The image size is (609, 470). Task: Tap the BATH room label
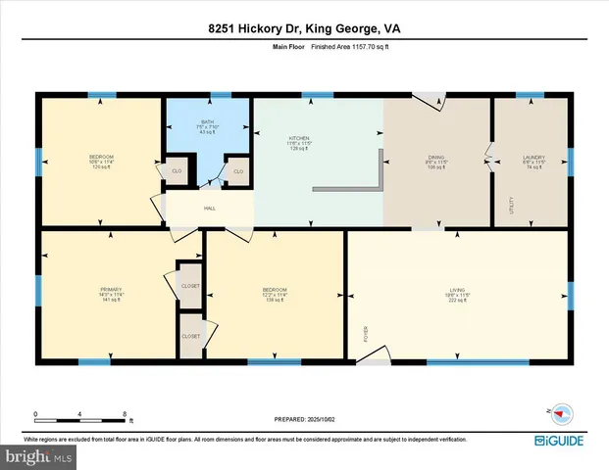(x=207, y=122)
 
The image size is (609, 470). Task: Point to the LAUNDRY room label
(x=533, y=158)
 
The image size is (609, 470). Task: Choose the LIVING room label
(x=460, y=290)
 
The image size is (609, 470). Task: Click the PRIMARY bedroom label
(x=110, y=290)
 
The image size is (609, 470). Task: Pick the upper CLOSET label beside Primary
(x=190, y=285)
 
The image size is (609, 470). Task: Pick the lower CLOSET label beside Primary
(x=190, y=336)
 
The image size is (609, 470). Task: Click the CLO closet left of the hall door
(x=178, y=173)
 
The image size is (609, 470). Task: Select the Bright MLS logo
(x=36, y=455)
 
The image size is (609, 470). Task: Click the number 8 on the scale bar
(x=124, y=414)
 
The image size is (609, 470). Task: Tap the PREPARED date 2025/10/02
(x=305, y=420)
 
